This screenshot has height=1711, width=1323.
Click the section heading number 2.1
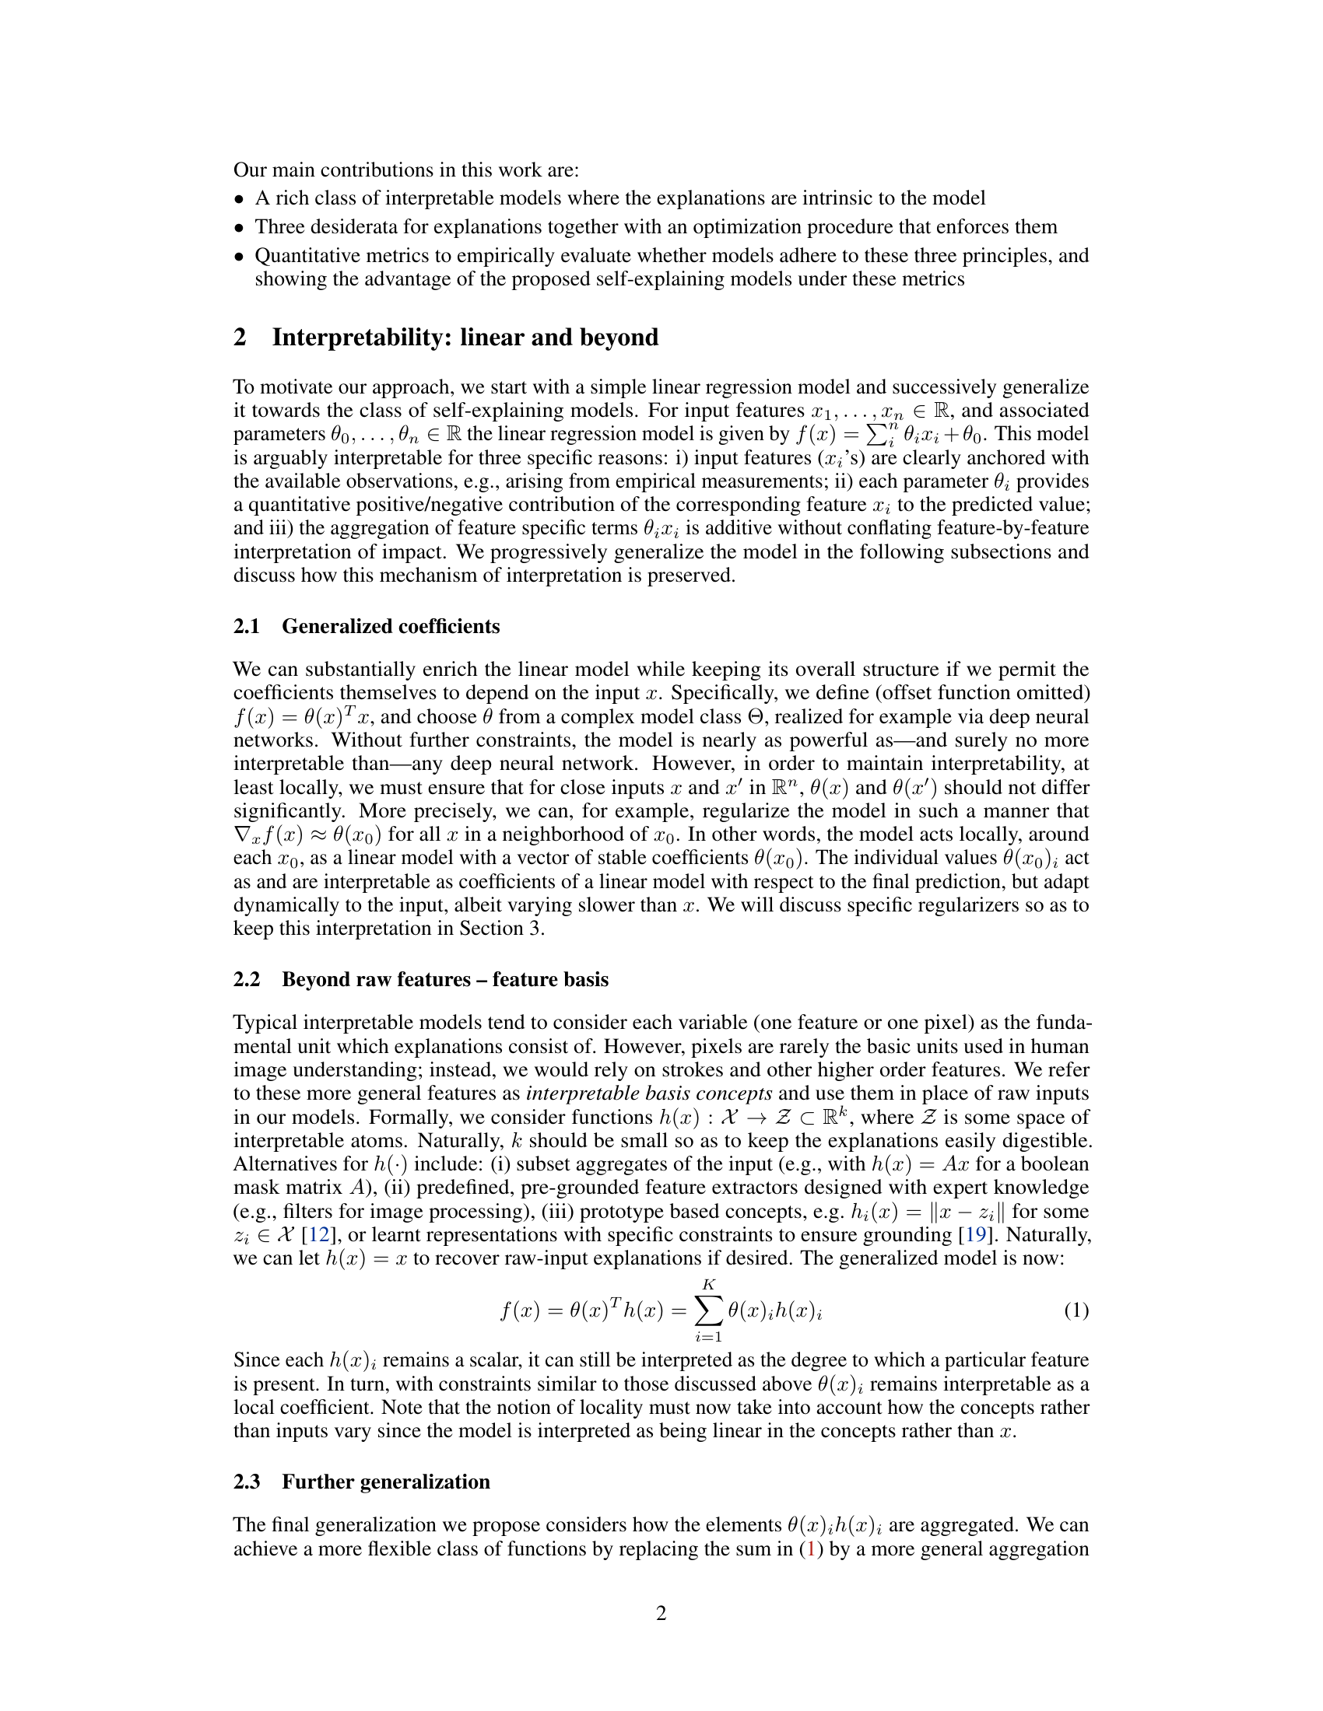(246, 626)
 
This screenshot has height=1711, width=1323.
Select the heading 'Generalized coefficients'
(391, 626)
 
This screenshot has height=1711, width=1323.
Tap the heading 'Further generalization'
(385, 1482)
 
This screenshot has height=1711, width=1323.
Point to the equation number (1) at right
(1076, 1310)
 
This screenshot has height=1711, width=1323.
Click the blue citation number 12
(318, 1235)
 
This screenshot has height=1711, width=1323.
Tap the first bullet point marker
(240, 199)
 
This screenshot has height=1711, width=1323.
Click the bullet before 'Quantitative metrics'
(240, 256)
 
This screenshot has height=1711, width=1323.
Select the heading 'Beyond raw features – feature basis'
(444, 979)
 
